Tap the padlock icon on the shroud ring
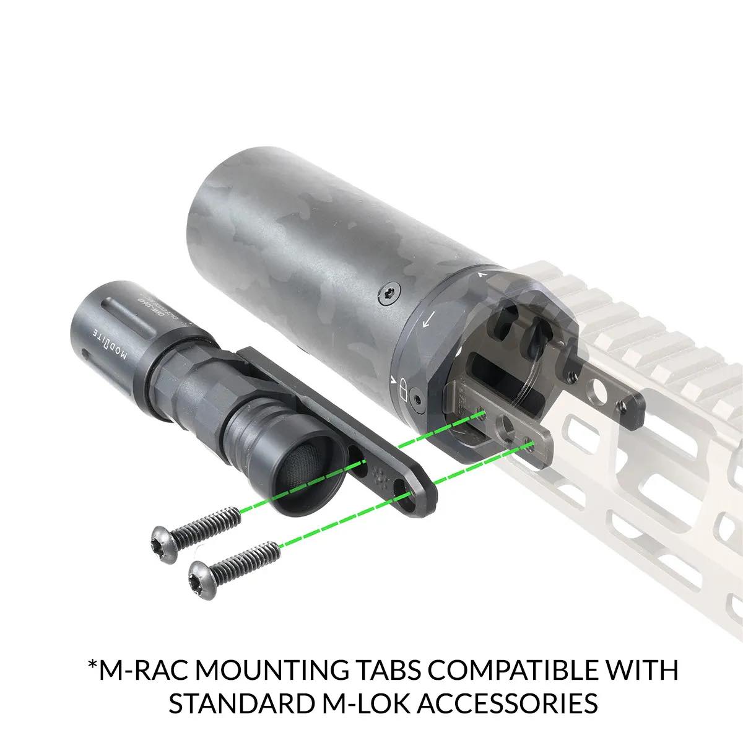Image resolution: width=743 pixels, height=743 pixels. (403, 389)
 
